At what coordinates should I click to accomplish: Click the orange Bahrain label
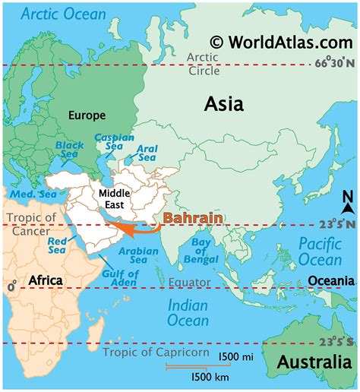click(193, 218)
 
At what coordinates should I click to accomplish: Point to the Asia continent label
click(223, 104)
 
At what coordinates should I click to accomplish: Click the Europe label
click(86, 115)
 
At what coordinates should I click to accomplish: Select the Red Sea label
click(58, 245)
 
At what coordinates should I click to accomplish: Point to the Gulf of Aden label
click(120, 278)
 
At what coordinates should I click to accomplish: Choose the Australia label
click(314, 362)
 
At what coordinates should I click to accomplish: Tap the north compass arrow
click(347, 204)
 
